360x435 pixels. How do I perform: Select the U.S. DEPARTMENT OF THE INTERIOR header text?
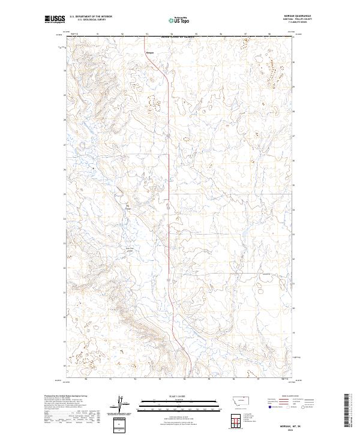(91, 17)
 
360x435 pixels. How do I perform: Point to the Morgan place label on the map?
(150, 53)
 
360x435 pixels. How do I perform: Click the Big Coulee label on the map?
(128, 209)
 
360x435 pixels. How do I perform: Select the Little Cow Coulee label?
(128, 250)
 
